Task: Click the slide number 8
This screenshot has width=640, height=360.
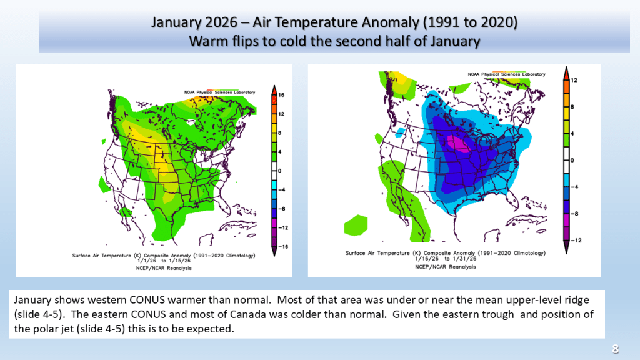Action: tap(616, 349)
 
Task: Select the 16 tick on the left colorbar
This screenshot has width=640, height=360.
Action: tap(281, 95)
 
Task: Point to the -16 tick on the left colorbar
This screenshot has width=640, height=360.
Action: tap(282, 246)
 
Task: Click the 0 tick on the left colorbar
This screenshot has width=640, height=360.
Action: tap(279, 171)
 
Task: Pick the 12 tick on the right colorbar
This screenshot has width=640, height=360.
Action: tap(574, 80)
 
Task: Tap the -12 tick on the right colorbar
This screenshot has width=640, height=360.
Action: tap(576, 241)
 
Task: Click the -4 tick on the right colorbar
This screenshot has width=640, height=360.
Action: tap(575, 187)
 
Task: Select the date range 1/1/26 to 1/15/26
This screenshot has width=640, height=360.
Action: tap(164, 261)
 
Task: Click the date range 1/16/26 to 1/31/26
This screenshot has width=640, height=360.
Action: tap(446, 259)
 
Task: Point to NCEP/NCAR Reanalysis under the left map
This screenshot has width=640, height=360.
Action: tap(164, 268)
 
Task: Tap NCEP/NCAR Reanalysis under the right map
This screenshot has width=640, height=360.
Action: tap(445, 267)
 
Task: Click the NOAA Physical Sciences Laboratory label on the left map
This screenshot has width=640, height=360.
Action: tap(219, 92)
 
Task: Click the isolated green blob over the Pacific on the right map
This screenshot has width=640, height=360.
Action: tap(356, 225)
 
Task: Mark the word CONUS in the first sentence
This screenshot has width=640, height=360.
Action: tap(147, 300)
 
